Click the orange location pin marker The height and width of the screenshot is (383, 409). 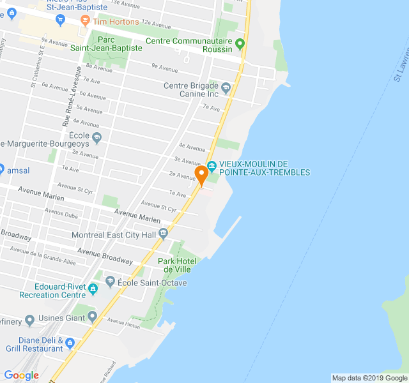(201, 174)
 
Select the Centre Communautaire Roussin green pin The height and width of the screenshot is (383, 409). (240, 44)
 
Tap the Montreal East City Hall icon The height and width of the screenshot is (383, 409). (163, 232)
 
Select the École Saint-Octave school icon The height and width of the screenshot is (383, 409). (109, 281)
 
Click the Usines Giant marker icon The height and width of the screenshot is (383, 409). (92, 315)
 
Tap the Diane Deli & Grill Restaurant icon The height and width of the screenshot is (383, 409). (70, 343)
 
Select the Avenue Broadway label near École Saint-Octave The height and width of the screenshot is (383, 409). (105, 256)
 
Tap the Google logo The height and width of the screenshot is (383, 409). (22, 375)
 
